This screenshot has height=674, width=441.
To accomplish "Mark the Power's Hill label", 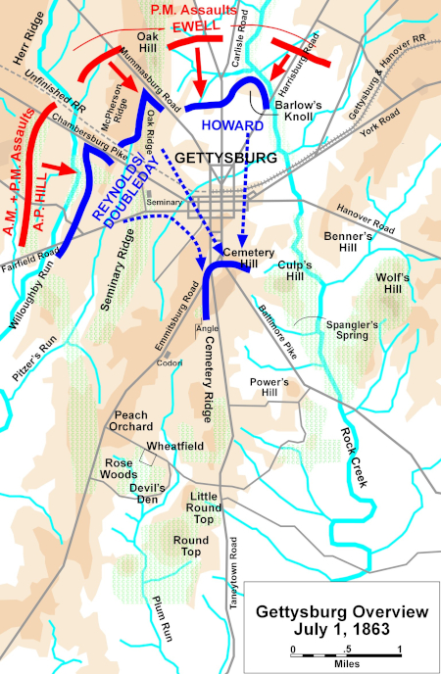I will pos(270,386).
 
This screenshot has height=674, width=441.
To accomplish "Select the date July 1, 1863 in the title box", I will pos(342,629).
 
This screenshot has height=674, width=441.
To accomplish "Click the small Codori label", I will pos(171,363).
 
